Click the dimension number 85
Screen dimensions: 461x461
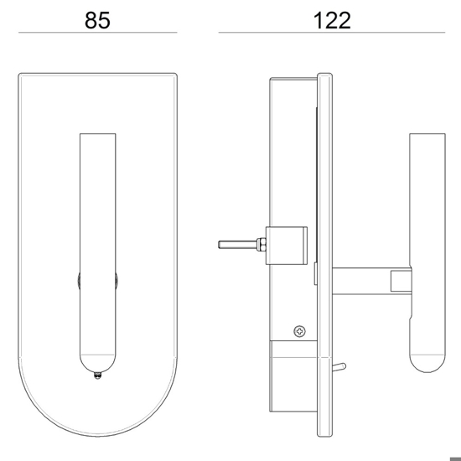[97, 20]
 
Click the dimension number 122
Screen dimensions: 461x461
[332, 20]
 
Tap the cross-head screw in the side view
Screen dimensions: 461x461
[299, 331]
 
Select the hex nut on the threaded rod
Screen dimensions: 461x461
[261, 244]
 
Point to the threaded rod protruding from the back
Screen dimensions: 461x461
[237, 244]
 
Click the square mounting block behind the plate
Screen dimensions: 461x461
[287, 246]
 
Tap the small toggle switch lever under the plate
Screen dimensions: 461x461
[339, 367]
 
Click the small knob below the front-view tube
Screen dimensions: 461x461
[97, 376]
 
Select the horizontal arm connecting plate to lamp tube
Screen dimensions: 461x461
[371, 281]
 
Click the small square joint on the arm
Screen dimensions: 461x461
[401, 281]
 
